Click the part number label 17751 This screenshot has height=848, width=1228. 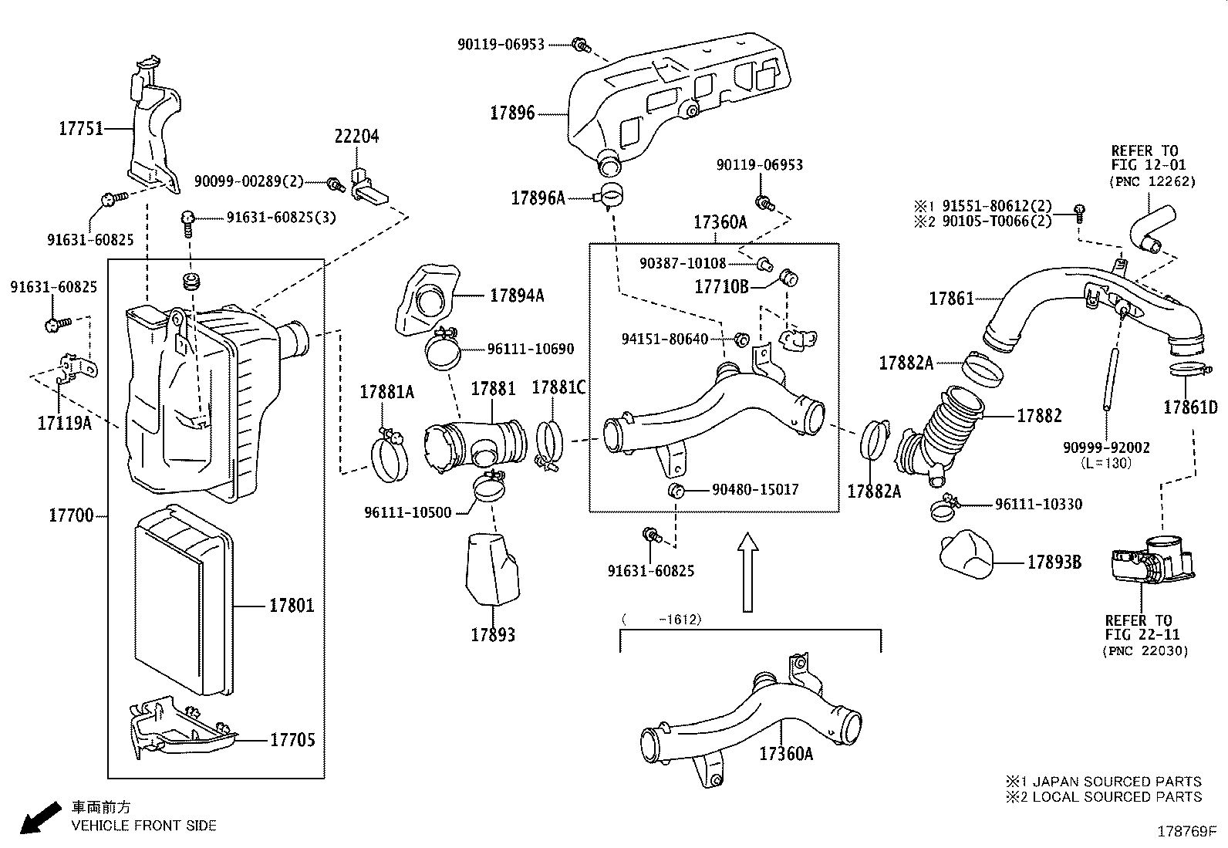pyautogui.click(x=81, y=128)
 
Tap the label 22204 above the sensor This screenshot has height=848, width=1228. pyautogui.click(x=356, y=137)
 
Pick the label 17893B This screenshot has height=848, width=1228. pyautogui.click(x=1054, y=563)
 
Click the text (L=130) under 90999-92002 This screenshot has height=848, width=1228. pyautogui.click(x=1107, y=463)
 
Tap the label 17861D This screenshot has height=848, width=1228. pyautogui.click(x=1190, y=407)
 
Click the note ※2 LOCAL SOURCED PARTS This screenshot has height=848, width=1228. pyautogui.click(x=1103, y=796)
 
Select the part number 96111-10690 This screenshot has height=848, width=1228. pyautogui.click(x=530, y=349)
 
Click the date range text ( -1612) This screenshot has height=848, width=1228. pyautogui.click(x=662, y=620)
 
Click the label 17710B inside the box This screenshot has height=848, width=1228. pyautogui.click(x=721, y=287)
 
